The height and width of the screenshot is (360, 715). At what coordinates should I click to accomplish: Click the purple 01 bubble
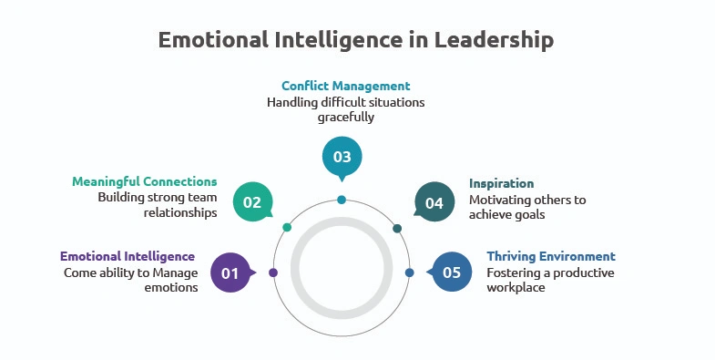(230, 273)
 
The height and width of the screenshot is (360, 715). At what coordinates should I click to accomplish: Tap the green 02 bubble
(252, 202)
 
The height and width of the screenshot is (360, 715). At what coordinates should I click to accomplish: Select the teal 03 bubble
(342, 157)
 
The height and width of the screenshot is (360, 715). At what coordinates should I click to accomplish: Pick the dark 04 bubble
(434, 202)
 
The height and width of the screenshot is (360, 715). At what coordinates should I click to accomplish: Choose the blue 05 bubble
(453, 273)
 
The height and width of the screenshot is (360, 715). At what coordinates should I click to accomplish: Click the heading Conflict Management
(345, 87)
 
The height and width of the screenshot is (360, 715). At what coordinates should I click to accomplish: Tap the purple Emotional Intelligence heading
(128, 256)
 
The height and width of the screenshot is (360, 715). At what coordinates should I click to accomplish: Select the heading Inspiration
(501, 183)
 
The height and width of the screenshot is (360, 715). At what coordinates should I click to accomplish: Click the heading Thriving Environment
(551, 256)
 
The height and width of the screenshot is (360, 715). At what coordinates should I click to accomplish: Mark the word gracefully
(345, 118)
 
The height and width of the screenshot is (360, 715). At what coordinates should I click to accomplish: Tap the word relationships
(180, 213)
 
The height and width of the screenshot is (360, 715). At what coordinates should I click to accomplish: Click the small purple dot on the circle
(273, 273)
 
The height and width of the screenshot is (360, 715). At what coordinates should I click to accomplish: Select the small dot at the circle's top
(342, 200)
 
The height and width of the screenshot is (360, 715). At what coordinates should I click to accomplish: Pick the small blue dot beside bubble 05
(409, 273)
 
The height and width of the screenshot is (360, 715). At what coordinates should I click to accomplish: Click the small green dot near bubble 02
(287, 227)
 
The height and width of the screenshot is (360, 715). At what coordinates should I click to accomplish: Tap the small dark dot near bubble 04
(397, 228)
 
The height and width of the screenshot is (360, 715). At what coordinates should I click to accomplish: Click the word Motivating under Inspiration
(498, 200)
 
